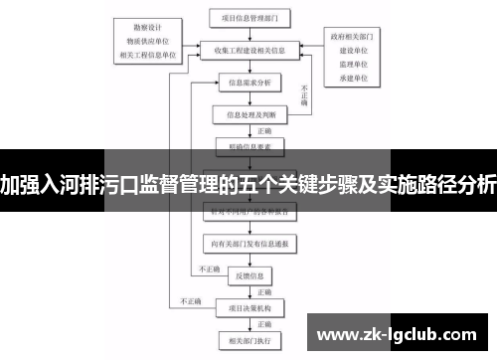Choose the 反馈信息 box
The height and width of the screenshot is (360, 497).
click(x=249, y=273)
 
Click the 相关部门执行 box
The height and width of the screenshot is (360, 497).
click(x=249, y=337)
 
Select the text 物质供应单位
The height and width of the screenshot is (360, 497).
click(x=149, y=43)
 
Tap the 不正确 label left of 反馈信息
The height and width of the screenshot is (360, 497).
click(x=209, y=268)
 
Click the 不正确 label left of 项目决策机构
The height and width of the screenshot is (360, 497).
click(x=189, y=299)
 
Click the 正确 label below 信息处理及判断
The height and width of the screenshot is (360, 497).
click(x=264, y=130)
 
